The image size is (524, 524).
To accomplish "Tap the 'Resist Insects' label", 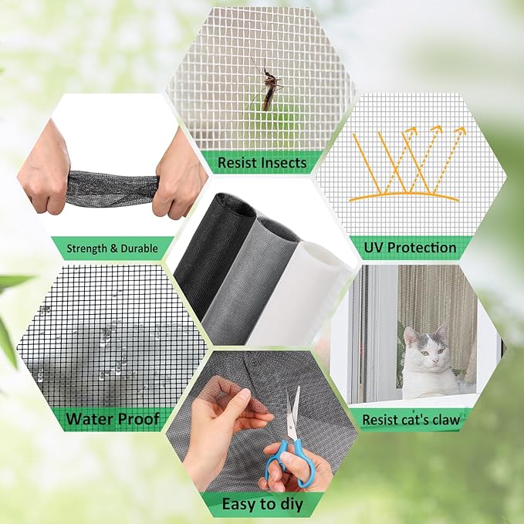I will [262, 163].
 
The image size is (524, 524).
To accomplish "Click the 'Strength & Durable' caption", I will [112, 248].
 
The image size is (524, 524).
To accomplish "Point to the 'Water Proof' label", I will [113, 419].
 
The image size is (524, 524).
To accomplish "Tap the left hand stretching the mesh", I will [46, 170].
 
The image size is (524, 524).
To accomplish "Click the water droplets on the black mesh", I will [108, 347].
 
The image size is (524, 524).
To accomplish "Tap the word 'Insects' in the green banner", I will [281, 163].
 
